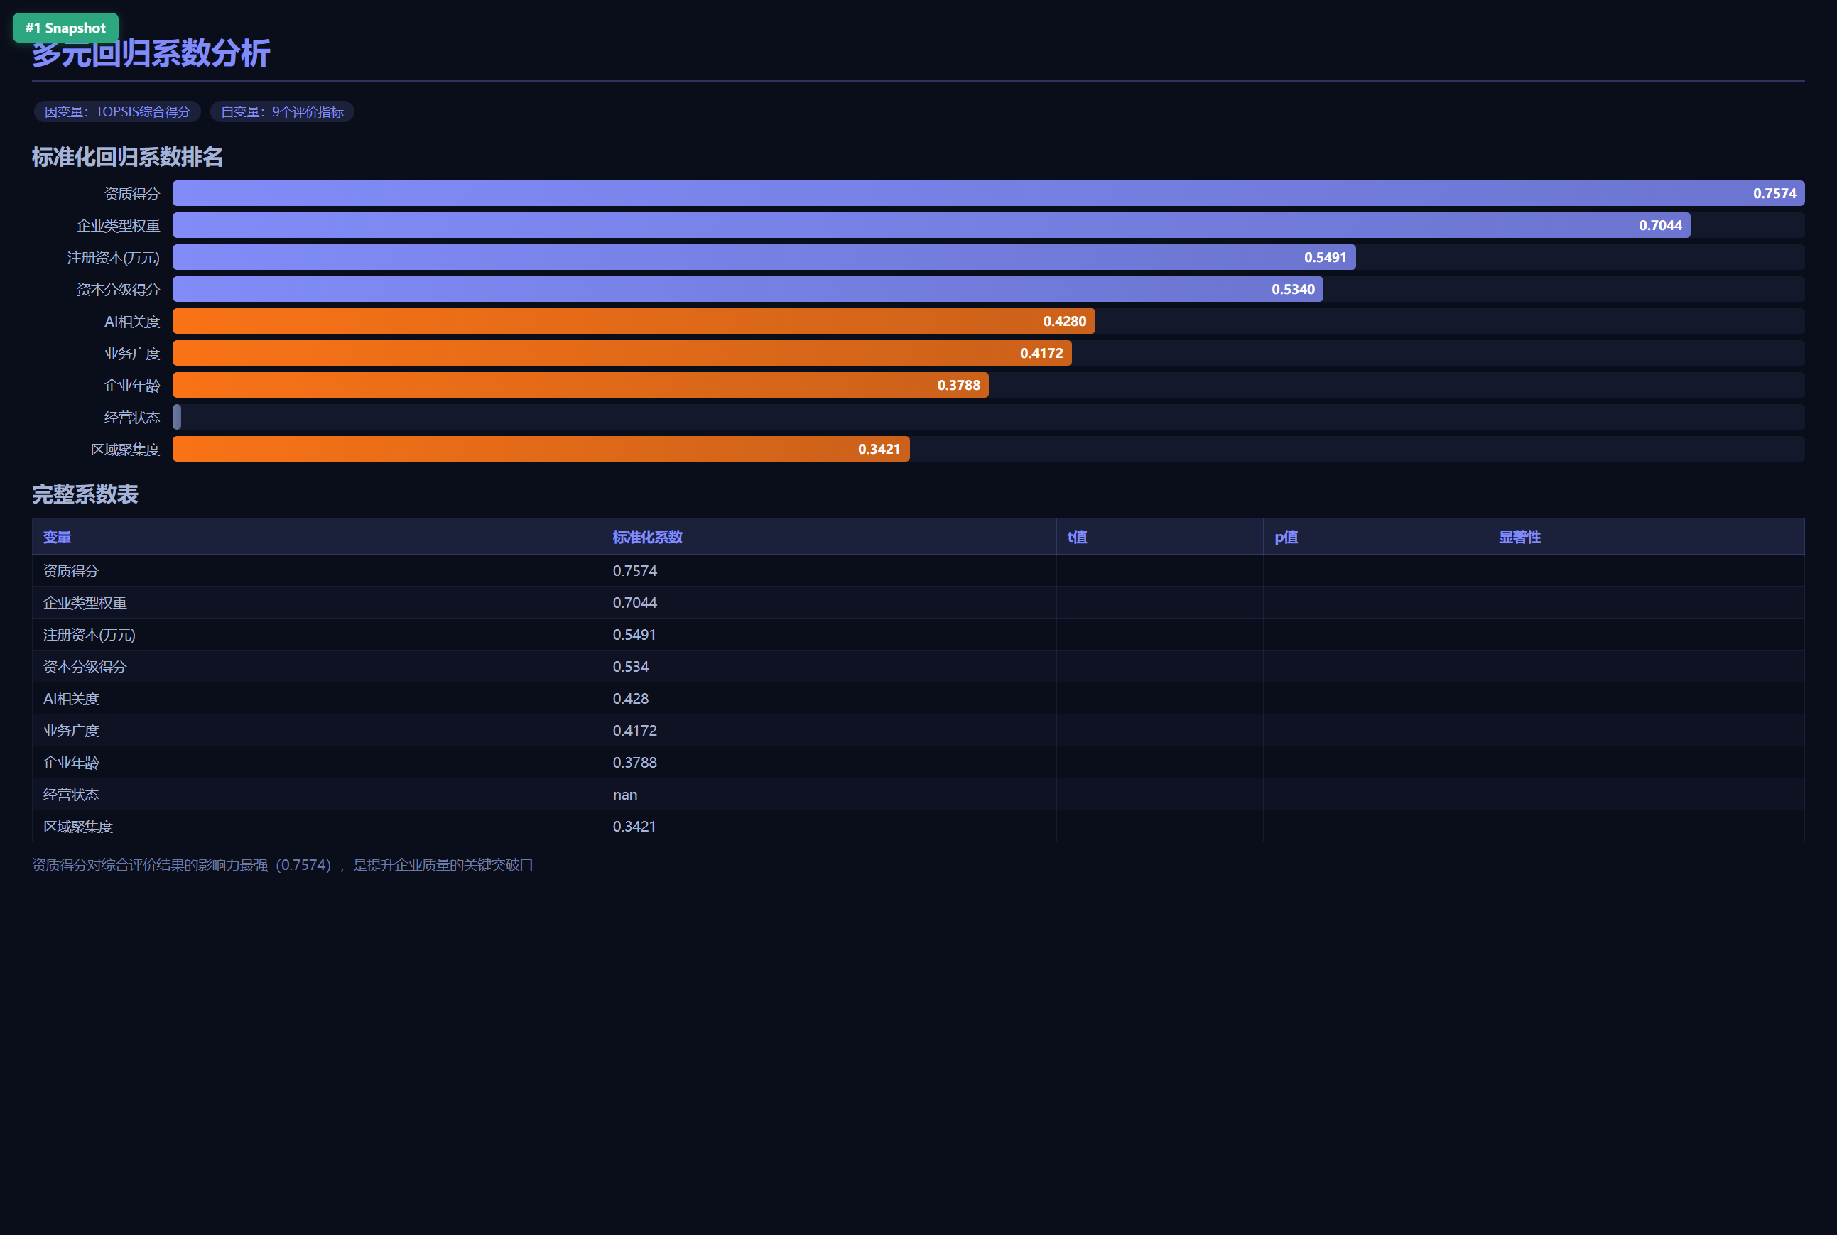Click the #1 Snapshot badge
pyautogui.click(x=65, y=28)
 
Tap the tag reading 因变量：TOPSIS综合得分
pyautogui.click(x=117, y=111)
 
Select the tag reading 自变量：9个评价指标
pyautogui.click(x=282, y=111)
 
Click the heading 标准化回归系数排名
pyautogui.click(x=127, y=157)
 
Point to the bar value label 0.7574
pyautogui.click(x=1774, y=194)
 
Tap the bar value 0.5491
pyautogui.click(x=1325, y=258)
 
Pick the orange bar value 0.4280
pyautogui.click(x=1064, y=321)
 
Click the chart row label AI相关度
pyautogui.click(x=131, y=321)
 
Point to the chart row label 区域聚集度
pyautogui.click(x=125, y=450)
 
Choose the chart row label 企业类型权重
pyautogui.click(x=118, y=226)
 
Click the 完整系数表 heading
pyautogui.click(x=85, y=494)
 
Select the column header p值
pyautogui.click(x=1286, y=537)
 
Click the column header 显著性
pyautogui.click(x=1519, y=537)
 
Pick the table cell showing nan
pyautogui.click(x=624, y=795)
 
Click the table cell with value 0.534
pyautogui.click(x=630, y=666)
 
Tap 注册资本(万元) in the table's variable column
pyautogui.click(x=89, y=635)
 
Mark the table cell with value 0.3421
pyautogui.click(x=634, y=826)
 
